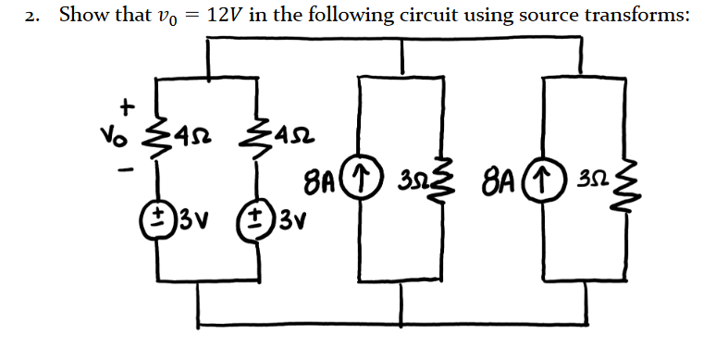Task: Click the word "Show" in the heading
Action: [x=84, y=16]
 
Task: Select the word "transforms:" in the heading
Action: [x=635, y=16]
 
